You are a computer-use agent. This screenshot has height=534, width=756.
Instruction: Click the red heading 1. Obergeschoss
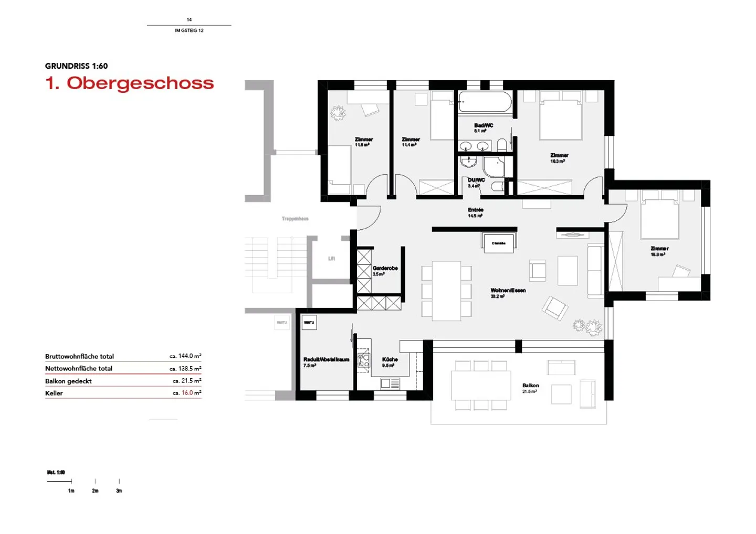130,83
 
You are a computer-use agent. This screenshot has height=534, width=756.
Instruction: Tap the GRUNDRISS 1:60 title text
76,66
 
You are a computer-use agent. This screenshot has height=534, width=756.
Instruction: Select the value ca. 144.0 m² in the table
185,356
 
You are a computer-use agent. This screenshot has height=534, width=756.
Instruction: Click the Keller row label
54,393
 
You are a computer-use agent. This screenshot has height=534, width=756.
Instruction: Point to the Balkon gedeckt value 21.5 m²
187,381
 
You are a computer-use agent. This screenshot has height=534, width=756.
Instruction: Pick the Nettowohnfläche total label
79,368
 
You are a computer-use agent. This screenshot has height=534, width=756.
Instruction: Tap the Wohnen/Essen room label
508,291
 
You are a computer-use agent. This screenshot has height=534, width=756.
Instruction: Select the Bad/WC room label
484,125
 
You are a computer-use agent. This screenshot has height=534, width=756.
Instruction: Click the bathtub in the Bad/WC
485,102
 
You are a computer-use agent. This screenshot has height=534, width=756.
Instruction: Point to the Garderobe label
385,268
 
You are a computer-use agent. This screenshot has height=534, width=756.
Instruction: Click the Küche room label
390,359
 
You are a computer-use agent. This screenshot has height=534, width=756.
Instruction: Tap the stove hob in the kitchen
363,360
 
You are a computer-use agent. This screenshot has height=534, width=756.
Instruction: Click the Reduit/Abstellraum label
326,359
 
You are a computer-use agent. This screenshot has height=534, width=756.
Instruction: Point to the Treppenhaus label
295,219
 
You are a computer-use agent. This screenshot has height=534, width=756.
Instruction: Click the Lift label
331,259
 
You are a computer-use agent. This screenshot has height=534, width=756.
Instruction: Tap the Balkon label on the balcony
530,386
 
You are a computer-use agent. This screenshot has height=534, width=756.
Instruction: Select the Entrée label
476,210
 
